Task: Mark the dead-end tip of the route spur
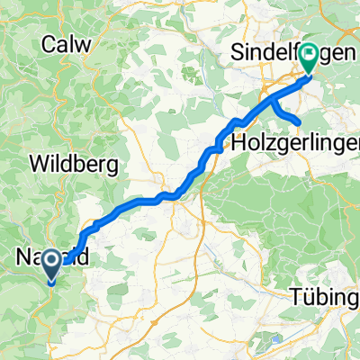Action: tap(297, 121)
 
